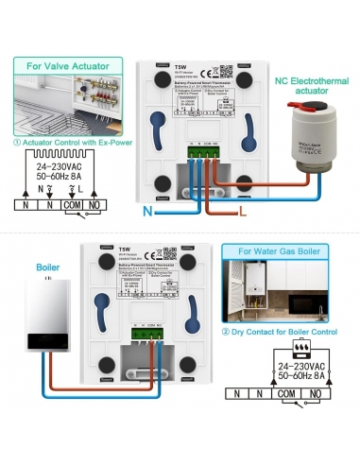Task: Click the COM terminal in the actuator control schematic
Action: (x=73, y=203)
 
